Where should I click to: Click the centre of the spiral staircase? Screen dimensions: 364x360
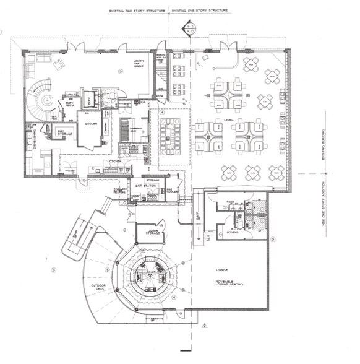[46, 98]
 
